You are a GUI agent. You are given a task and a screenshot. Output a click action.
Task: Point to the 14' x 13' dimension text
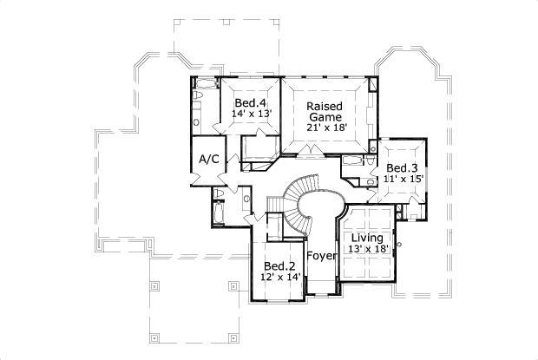coord(252,114)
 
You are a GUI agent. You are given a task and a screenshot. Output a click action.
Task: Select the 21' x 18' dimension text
coord(326,127)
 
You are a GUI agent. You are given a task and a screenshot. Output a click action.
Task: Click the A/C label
coord(208,160)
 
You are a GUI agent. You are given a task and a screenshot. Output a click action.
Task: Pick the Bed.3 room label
coord(403,167)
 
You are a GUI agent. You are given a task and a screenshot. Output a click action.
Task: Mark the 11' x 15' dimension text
coord(403,179)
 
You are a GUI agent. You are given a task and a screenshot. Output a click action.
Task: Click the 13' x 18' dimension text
coord(369,248)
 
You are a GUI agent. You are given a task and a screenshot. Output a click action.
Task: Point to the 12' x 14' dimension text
coord(280,277)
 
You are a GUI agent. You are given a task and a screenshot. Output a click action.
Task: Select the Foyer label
coord(322,256)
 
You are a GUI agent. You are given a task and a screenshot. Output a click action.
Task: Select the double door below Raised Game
coord(310,154)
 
